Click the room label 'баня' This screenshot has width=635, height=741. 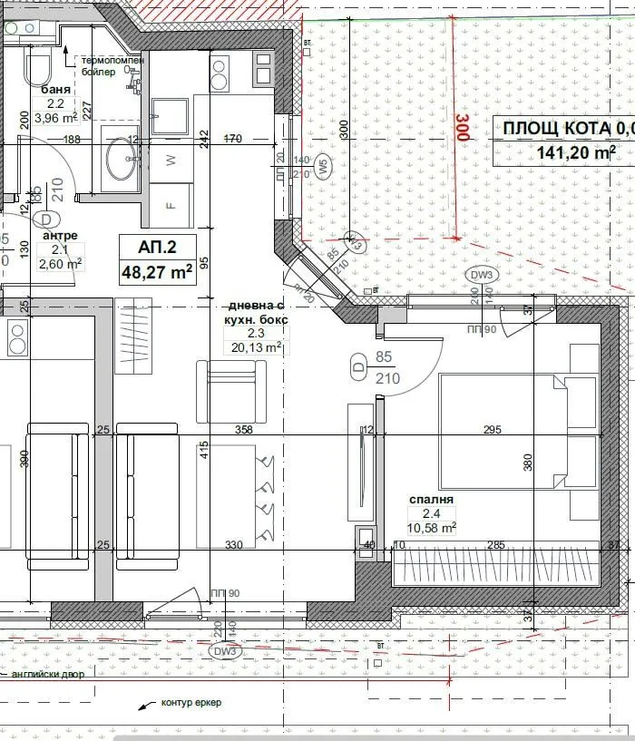(x=56, y=90)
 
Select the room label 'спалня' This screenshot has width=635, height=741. (x=431, y=499)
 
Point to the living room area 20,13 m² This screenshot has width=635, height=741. (x=257, y=346)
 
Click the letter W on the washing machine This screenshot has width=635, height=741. (x=170, y=161)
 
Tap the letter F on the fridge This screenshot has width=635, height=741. (x=170, y=206)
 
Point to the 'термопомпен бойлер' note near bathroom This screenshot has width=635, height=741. (x=112, y=65)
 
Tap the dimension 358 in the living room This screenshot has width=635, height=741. (x=242, y=430)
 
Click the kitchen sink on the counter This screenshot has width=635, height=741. (x=169, y=115)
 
